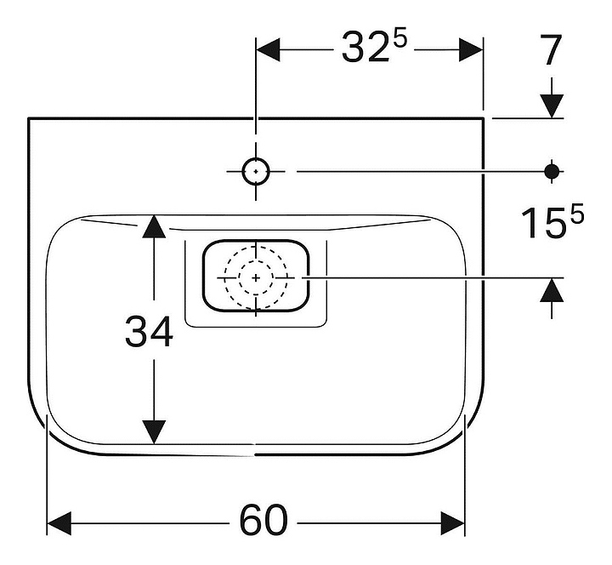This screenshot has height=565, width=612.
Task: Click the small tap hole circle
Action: [x=255, y=172]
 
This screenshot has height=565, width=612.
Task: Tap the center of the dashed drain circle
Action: [x=256, y=277]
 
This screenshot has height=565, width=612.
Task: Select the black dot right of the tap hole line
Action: [x=552, y=172]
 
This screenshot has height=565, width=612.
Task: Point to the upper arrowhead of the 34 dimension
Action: [x=153, y=226]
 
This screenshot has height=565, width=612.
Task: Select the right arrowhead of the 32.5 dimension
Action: [x=471, y=49]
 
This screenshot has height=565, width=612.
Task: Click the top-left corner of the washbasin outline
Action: [x=29, y=118]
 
